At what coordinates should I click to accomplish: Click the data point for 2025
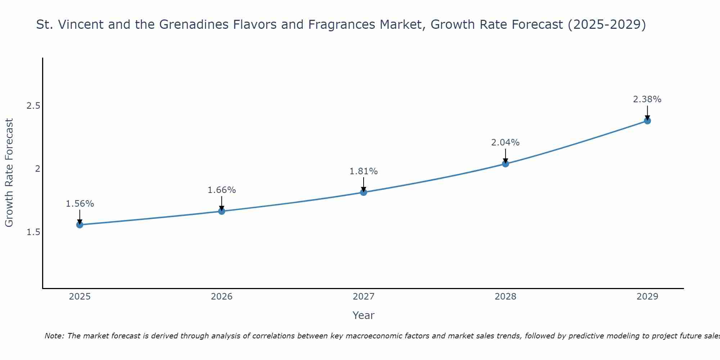(80, 225)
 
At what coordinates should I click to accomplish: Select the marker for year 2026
(222, 211)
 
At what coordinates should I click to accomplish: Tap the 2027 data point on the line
(364, 192)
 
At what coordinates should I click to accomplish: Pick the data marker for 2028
(505, 164)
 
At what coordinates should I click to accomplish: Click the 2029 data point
(647, 121)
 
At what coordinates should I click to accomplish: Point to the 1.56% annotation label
(80, 204)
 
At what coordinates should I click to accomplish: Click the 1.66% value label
(222, 190)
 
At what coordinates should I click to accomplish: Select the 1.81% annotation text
(364, 171)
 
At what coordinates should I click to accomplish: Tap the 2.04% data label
(505, 143)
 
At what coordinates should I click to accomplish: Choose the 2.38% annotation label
(647, 99)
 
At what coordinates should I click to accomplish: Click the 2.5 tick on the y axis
(33, 106)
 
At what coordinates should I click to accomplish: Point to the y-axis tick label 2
(37, 169)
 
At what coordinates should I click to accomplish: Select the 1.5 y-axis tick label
(33, 232)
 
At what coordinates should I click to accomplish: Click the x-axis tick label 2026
(222, 297)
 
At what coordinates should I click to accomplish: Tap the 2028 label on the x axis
(505, 297)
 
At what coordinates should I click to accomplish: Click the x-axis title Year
(364, 315)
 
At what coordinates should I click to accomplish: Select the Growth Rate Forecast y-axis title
(9, 173)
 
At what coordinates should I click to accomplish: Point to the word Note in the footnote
(54, 336)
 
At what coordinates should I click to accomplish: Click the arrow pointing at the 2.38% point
(647, 113)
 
